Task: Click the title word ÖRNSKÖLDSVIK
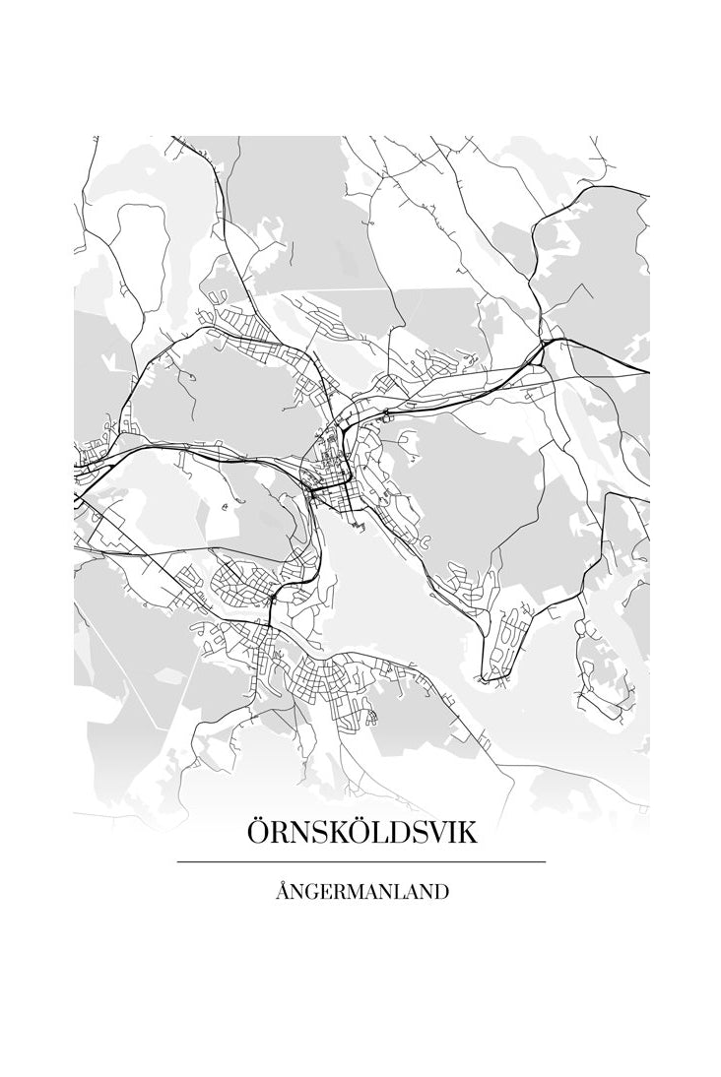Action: tap(361, 833)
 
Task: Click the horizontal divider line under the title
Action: tap(361, 862)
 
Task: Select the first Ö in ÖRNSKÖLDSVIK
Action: tap(259, 833)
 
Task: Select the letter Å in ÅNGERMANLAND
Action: tap(283, 892)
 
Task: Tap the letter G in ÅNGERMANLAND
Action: tap(312, 893)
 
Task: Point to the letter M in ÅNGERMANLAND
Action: tap(356, 893)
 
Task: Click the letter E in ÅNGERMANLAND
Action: tap(326, 893)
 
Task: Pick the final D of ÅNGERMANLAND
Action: tap(442, 893)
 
